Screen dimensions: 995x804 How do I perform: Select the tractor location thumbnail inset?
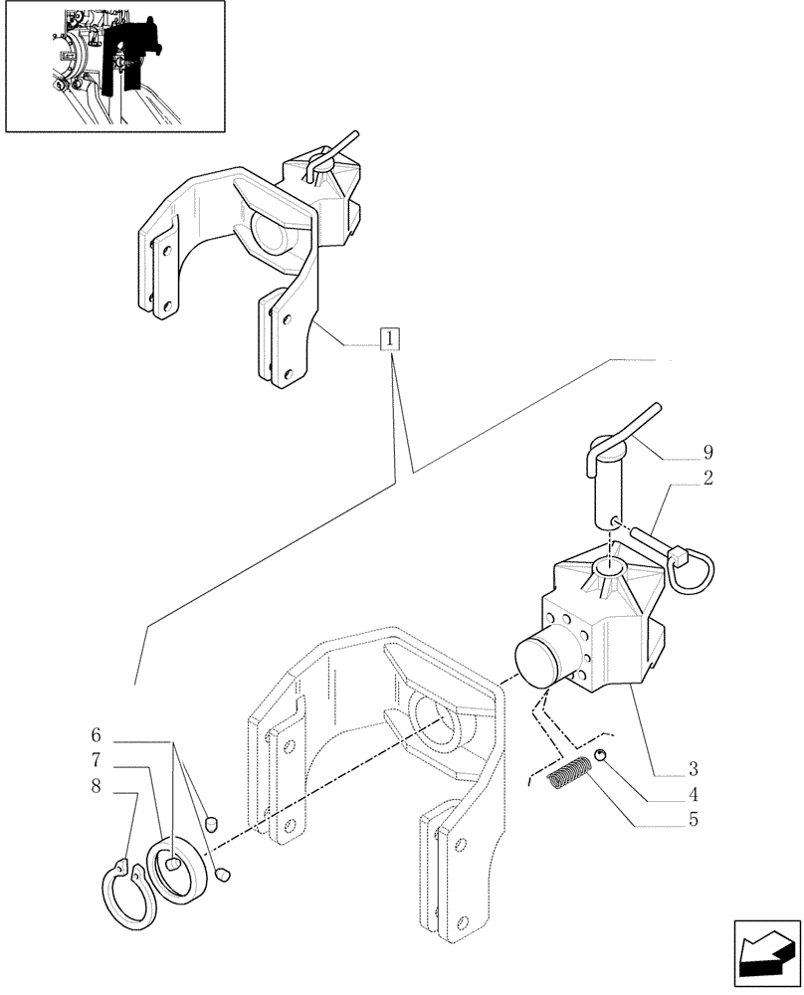(114, 66)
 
